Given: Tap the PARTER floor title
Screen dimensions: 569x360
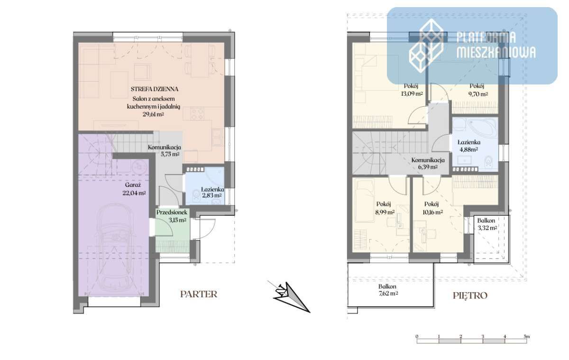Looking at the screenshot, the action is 199,294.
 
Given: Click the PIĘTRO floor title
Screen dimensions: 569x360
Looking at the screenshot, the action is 470,295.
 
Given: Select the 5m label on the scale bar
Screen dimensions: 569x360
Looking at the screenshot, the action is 527,337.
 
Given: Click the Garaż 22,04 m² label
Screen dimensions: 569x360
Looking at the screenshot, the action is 134,189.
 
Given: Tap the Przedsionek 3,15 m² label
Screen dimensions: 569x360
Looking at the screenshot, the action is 172,216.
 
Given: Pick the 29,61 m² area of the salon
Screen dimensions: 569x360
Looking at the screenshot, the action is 153,114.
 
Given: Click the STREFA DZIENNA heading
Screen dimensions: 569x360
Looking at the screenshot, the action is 155,89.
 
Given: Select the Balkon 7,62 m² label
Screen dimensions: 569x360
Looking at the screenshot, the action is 388,290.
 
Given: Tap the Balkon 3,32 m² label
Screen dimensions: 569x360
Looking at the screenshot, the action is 487,224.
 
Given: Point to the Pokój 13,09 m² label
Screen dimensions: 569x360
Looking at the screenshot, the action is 412,90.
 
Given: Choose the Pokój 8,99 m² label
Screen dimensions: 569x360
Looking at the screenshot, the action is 385,208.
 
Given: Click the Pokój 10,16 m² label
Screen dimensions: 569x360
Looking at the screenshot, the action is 432,208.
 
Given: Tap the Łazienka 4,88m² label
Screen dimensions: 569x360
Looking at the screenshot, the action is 468,146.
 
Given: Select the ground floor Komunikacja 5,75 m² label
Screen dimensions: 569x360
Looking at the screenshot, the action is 165,150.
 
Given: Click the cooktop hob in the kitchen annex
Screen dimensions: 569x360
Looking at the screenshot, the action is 197,113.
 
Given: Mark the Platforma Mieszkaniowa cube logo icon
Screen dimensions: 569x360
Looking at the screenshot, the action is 426,46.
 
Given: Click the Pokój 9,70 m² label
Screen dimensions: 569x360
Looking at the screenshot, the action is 478,90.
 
